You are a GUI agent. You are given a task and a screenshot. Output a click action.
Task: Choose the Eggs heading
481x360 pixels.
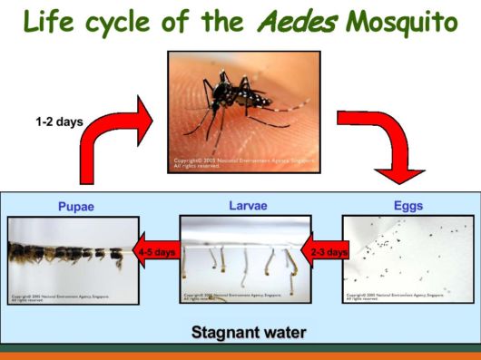408,205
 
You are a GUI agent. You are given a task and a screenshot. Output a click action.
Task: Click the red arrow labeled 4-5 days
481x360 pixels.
155,252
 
